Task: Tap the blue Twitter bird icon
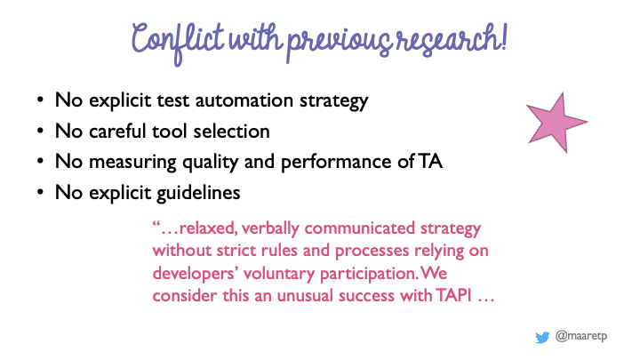pyautogui.click(x=542, y=338)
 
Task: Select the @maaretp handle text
pyautogui.click(x=581, y=336)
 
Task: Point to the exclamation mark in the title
pyautogui.click(x=504, y=36)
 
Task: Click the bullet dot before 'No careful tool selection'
pyautogui.click(x=40, y=131)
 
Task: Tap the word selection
pyautogui.click(x=231, y=131)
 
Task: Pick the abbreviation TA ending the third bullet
pyautogui.click(x=430, y=162)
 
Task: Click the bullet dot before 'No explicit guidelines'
pyautogui.click(x=40, y=192)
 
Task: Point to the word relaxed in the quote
pyautogui.click(x=208, y=228)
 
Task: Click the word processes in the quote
pyautogui.click(x=372, y=251)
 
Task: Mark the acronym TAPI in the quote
pyautogui.click(x=453, y=295)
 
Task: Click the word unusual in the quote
pyautogui.click(x=305, y=295)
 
